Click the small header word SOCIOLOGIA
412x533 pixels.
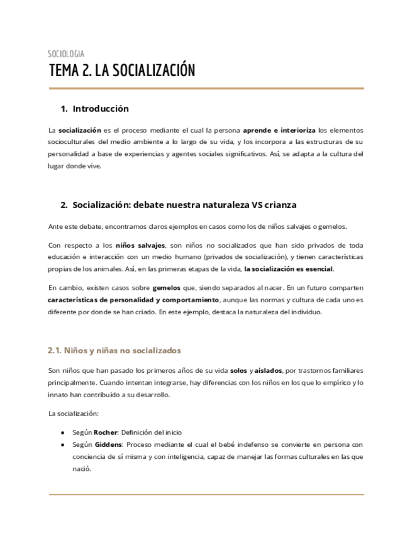pyautogui.click(x=66, y=54)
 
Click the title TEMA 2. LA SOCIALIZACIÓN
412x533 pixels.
pyautogui.click(x=122, y=70)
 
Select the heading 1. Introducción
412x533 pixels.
pyautogui.click(x=94, y=109)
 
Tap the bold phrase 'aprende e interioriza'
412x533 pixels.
pyautogui.click(x=279, y=130)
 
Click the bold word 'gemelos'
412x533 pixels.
pyautogui.click(x=167, y=287)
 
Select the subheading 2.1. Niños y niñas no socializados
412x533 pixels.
pyautogui.click(x=114, y=350)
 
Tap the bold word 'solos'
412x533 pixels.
pyautogui.click(x=238, y=371)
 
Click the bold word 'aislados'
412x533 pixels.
pyautogui.click(x=269, y=371)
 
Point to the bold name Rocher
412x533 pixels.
pyautogui.click(x=105, y=432)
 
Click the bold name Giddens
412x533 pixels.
pyautogui.click(x=108, y=444)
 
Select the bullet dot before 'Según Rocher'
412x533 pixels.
pyautogui.click(x=63, y=433)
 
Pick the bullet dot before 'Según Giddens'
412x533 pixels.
pyautogui.click(x=63, y=445)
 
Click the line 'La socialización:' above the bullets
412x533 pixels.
pyautogui.click(x=74, y=414)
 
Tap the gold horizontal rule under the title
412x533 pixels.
pyautogui.click(x=206, y=89)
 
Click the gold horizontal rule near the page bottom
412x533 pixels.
pyautogui.click(x=206, y=495)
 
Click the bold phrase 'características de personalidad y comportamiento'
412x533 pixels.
pyautogui.click(x=133, y=299)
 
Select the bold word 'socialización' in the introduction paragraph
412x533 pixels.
pyautogui.click(x=80, y=130)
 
